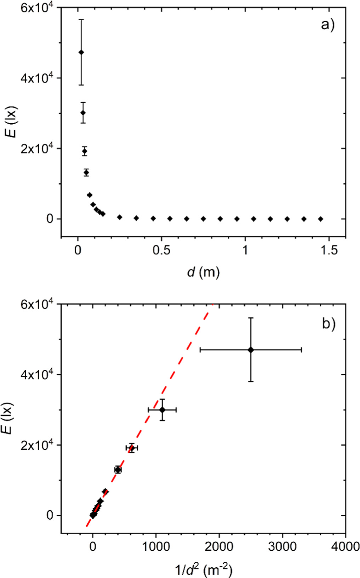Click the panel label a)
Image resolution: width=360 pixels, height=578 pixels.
click(x=327, y=25)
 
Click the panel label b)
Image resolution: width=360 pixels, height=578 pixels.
click(x=328, y=324)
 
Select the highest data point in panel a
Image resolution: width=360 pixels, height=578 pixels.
click(x=81, y=52)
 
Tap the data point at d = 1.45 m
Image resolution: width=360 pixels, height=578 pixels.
click(x=320, y=219)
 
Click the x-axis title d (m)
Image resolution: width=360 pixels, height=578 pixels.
click(x=203, y=272)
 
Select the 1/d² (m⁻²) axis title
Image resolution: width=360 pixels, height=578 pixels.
click(x=203, y=570)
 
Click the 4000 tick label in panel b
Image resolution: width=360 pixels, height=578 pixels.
click(x=345, y=547)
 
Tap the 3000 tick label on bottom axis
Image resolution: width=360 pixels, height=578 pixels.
click(x=282, y=547)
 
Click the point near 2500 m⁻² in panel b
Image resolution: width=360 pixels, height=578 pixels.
click(x=251, y=350)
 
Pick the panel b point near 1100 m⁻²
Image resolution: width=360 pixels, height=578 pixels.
click(x=162, y=410)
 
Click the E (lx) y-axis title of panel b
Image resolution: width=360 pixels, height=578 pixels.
click(x=13, y=418)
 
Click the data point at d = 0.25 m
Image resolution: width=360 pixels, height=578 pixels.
click(x=120, y=217)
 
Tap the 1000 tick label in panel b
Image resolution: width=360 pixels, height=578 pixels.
click(x=156, y=547)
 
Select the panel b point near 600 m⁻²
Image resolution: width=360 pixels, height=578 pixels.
click(x=132, y=448)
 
